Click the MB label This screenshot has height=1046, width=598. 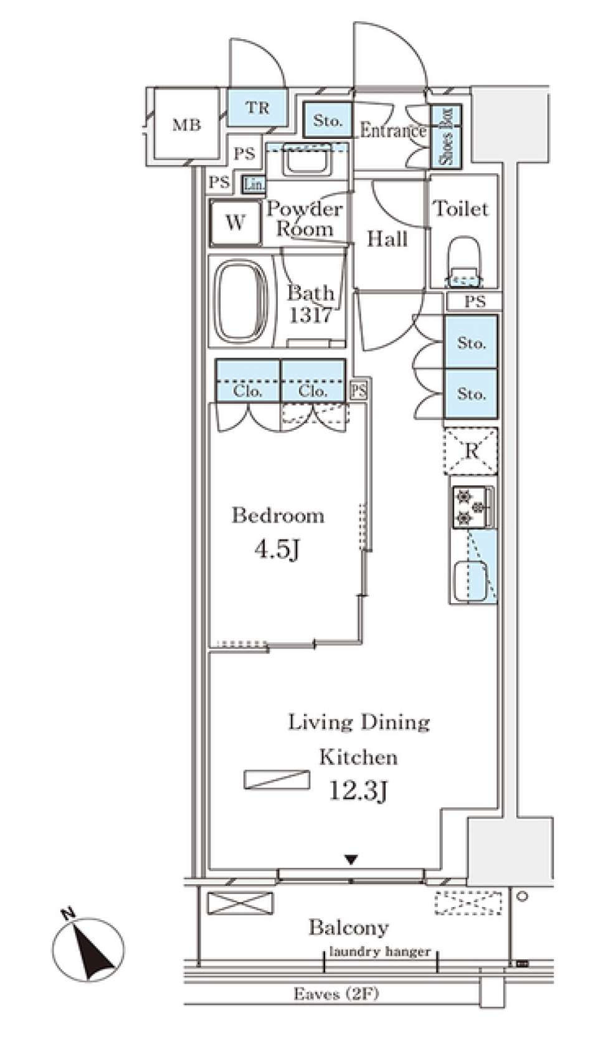click(186, 125)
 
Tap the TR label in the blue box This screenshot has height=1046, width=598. click(257, 108)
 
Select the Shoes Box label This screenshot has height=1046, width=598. click(446, 136)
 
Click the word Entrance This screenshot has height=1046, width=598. click(393, 130)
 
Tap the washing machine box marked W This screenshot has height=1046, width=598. click(235, 222)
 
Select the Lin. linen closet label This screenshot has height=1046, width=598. click(254, 184)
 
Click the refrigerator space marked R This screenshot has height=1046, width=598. click(471, 450)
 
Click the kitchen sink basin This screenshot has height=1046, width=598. click(470, 581)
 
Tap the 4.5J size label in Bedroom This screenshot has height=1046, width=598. click(278, 549)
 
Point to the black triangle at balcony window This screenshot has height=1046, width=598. click(351, 860)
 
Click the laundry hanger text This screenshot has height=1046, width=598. click(379, 951)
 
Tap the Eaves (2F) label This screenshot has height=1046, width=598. click(336, 994)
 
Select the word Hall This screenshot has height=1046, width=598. click(387, 239)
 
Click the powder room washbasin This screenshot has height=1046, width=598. click(307, 161)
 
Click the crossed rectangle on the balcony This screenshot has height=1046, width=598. click(240, 903)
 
